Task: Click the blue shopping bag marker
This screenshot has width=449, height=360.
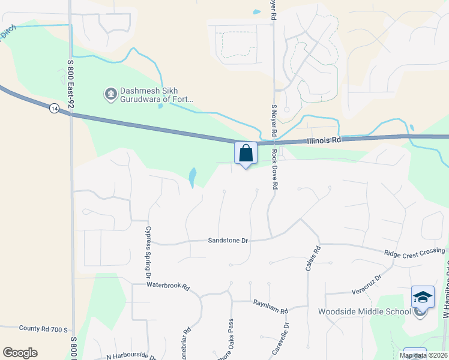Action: (x=246, y=153)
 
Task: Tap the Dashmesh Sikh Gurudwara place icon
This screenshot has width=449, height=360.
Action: (x=110, y=94)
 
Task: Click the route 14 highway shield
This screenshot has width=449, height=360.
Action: (x=55, y=108)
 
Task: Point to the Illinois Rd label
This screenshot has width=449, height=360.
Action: (x=322, y=140)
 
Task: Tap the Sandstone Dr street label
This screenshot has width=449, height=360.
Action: (x=228, y=240)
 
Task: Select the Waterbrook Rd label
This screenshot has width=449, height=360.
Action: (x=167, y=287)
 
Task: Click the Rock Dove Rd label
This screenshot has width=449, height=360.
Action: (x=274, y=169)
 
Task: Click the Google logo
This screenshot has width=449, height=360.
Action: (x=20, y=353)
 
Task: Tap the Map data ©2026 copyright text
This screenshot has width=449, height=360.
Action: (x=423, y=355)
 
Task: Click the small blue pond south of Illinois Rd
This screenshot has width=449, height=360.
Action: (x=192, y=176)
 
